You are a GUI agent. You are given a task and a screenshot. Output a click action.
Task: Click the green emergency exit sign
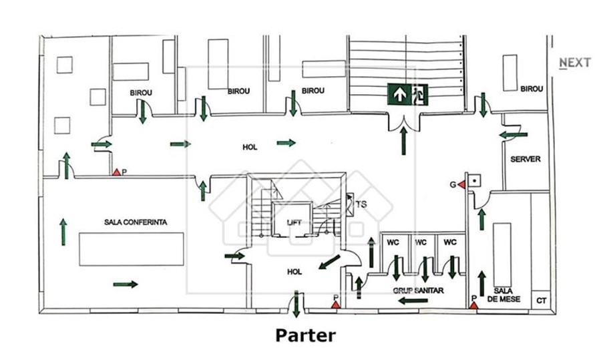407,94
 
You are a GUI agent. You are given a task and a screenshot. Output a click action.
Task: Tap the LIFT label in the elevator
294,222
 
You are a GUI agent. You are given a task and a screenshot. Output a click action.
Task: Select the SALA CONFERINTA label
136,222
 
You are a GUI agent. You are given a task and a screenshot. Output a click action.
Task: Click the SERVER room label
525,159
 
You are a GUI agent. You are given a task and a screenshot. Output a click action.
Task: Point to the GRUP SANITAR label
418,291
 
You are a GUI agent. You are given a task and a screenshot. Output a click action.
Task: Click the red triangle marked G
461,185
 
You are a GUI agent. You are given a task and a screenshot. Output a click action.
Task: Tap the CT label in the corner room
541,301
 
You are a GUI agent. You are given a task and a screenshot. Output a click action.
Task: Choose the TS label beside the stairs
361,204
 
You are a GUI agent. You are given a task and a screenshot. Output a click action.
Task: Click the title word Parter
305,335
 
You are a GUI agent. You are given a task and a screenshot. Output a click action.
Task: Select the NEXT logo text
575,63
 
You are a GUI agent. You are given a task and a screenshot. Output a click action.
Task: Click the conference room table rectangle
132,249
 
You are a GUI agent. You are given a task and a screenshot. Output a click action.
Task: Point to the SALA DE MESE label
504,295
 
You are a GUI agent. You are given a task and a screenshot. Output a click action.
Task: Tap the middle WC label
421,242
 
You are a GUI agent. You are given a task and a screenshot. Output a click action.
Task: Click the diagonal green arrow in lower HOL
329,262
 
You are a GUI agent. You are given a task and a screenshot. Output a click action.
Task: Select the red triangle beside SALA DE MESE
473,305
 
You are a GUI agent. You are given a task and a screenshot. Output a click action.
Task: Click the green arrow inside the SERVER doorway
514,134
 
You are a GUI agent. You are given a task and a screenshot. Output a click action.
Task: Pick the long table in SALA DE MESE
502,255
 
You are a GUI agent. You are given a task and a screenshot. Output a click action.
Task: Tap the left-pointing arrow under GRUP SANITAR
413,301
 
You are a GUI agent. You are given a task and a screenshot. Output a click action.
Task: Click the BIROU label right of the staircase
532,89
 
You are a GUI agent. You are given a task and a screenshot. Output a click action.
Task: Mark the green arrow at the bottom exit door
296,304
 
